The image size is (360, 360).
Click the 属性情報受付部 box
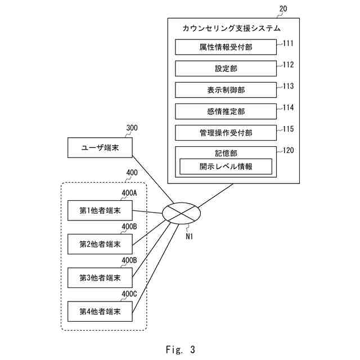coord(226,47)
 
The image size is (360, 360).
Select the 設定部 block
coord(226,69)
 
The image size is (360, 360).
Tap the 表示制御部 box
coord(226,90)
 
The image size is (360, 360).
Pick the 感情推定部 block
coord(226,111)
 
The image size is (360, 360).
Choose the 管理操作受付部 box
coord(226,133)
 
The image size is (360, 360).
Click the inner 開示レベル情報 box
coord(226,166)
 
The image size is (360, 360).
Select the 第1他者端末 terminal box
coord(100,210)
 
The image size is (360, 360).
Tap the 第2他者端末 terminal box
coord(100,244)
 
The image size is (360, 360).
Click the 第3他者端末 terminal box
coord(100,277)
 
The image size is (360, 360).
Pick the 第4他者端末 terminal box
coord(100,310)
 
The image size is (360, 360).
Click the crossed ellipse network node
coord(181,214)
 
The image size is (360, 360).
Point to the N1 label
coord(190,236)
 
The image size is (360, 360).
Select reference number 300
coord(132,128)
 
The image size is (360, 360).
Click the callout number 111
coord(288,43)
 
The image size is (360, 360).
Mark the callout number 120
coord(288,150)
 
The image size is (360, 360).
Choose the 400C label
coord(129,294)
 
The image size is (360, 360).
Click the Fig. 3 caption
coord(180,350)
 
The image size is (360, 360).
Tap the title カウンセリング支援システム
coord(232,28)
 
